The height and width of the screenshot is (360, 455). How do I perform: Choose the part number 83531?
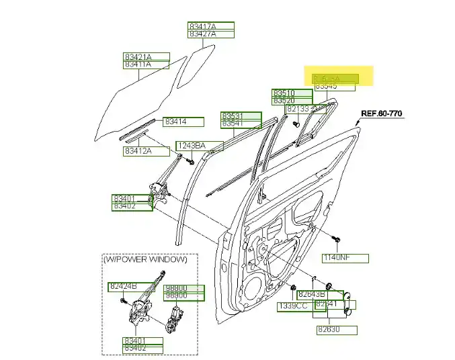click(x=241, y=116)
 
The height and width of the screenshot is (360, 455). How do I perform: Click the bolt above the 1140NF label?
click(x=336, y=238)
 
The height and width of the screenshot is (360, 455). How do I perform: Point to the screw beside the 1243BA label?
click(x=192, y=161)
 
